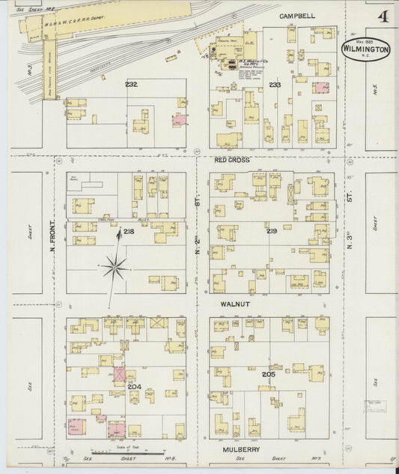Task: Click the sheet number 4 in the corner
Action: [383, 16]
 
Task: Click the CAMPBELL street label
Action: [297, 16]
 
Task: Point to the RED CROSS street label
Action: [231, 160]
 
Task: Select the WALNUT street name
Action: [234, 304]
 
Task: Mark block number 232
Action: [131, 85]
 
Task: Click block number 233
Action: [275, 85]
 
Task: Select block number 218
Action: [129, 232]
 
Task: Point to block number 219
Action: [271, 231]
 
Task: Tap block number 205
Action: [268, 373]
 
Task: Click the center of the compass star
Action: [115, 265]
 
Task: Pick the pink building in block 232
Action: [179, 119]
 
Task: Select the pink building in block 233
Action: [320, 88]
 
